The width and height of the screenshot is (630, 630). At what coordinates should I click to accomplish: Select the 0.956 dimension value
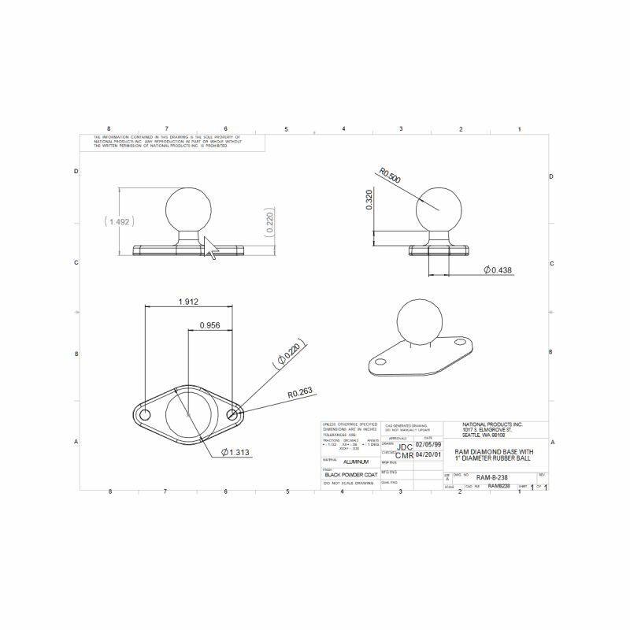(209, 324)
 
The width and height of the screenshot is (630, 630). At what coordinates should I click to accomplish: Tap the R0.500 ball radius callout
(390, 175)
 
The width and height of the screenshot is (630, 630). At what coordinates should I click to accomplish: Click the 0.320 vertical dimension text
(370, 201)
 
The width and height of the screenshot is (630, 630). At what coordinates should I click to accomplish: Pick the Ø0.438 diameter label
(498, 270)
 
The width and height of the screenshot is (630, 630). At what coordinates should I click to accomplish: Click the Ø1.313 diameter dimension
(236, 452)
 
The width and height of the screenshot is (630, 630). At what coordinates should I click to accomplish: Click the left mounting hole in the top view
(145, 414)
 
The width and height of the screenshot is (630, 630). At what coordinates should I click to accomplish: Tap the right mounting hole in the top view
(232, 414)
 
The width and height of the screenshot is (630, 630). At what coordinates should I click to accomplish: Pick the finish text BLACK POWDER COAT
(351, 476)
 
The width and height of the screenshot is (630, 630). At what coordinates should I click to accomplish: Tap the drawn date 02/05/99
(429, 444)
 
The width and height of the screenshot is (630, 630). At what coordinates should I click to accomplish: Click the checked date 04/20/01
(429, 454)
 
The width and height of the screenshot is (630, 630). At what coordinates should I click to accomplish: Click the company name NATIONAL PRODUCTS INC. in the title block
(493, 424)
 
